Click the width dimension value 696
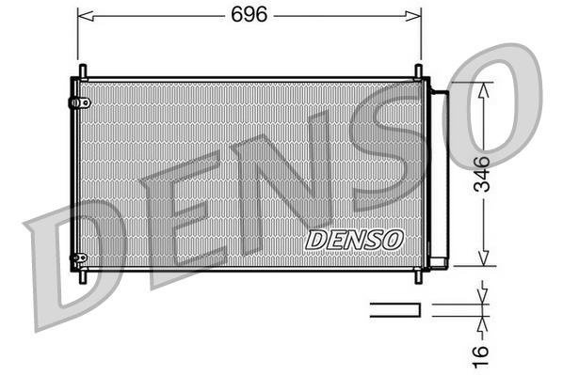249,14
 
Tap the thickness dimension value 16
482,353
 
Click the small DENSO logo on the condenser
354,240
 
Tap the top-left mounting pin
83,71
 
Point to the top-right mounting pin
418,71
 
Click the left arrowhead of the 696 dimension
81,15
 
